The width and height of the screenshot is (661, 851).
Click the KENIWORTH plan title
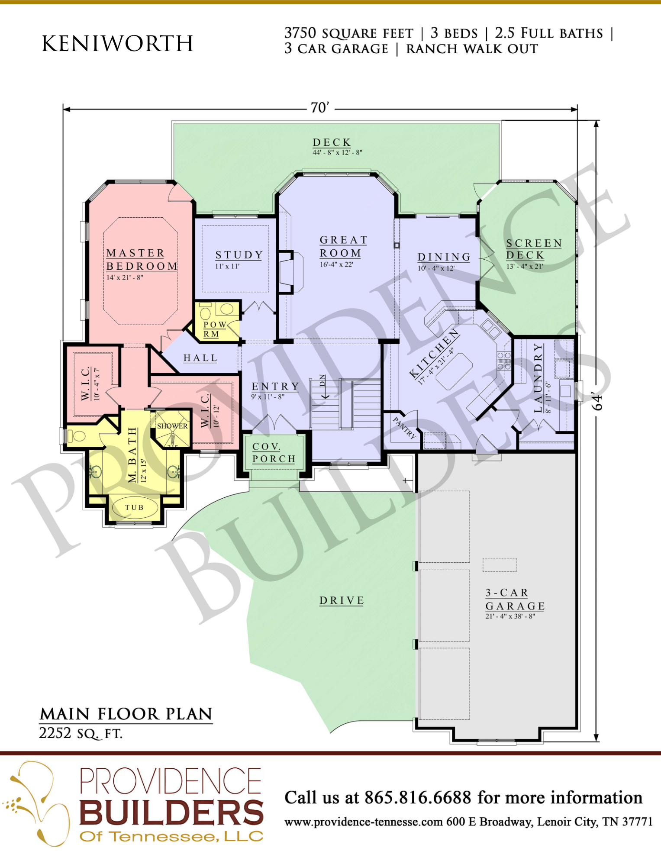[117, 43]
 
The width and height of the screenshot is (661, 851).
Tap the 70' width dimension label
[320, 107]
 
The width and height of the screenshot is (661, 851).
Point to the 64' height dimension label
[597, 402]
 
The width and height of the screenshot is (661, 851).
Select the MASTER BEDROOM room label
[142, 259]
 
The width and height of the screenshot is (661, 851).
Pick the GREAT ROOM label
[344, 246]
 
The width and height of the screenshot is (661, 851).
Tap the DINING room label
[444, 257]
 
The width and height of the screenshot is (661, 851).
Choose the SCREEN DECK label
[534, 249]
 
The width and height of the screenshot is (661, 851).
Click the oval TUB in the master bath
[135, 507]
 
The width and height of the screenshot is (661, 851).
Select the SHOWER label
[172, 426]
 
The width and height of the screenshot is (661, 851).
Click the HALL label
[200, 358]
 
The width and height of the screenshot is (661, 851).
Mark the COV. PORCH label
[274, 453]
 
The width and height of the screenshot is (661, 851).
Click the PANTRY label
[405, 428]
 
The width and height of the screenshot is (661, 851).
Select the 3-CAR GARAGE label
[515, 600]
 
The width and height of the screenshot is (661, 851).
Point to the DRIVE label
[342, 600]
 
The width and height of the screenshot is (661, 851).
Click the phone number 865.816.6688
[418, 797]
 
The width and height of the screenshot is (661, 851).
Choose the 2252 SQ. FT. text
[81, 733]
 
